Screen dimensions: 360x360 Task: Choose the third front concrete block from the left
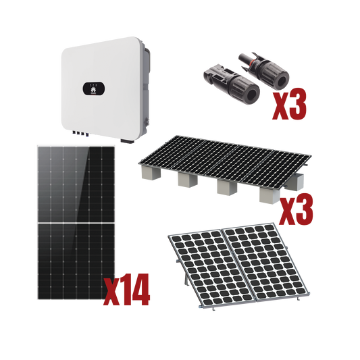pyautogui.click(x=226, y=190)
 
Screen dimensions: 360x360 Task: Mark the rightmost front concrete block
pyautogui.click(x=269, y=195)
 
